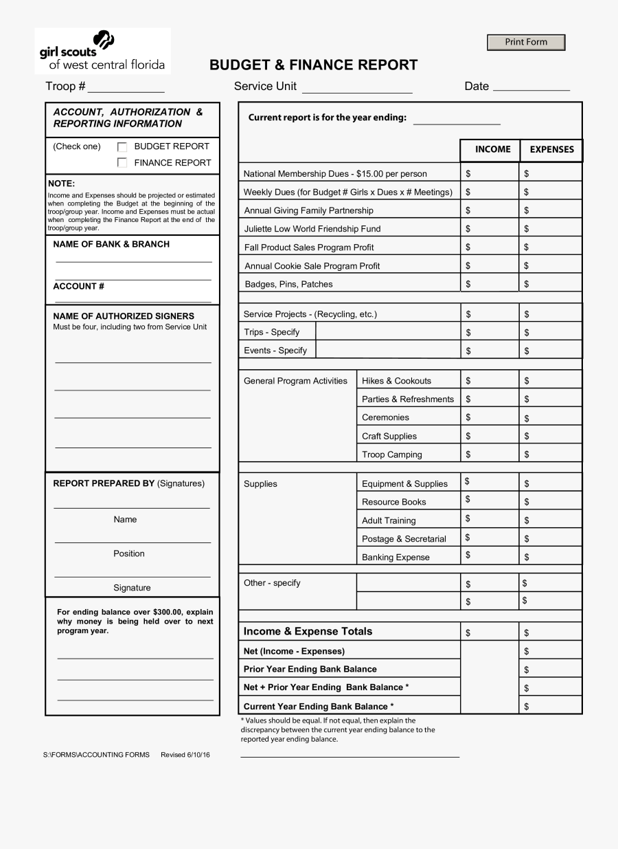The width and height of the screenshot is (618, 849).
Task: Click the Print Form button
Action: point(526,43)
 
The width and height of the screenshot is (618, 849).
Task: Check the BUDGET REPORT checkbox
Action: point(122,146)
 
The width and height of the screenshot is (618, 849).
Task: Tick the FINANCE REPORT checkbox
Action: point(122,163)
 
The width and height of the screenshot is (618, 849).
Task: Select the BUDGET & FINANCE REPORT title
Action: point(313,65)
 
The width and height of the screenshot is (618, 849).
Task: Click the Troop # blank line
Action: point(126,87)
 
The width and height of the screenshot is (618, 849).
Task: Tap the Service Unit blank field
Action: point(357,87)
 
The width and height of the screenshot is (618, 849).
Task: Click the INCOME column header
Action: point(492,149)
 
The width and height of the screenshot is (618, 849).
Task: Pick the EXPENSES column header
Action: point(551,150)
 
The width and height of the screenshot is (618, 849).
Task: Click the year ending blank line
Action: point(457,119)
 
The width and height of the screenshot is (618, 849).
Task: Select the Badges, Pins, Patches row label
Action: point(288,285)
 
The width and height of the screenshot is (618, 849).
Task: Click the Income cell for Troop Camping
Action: point(489,454)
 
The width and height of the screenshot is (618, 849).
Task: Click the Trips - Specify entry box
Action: point(387,332)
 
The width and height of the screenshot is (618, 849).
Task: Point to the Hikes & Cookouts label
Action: point(396,381)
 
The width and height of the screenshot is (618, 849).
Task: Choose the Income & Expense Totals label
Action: point(308,632)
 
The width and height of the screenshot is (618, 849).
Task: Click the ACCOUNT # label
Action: point(79,287)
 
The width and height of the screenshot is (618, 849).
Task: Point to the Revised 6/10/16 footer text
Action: point(185,755)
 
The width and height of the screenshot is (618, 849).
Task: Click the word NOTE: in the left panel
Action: point(62,184)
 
